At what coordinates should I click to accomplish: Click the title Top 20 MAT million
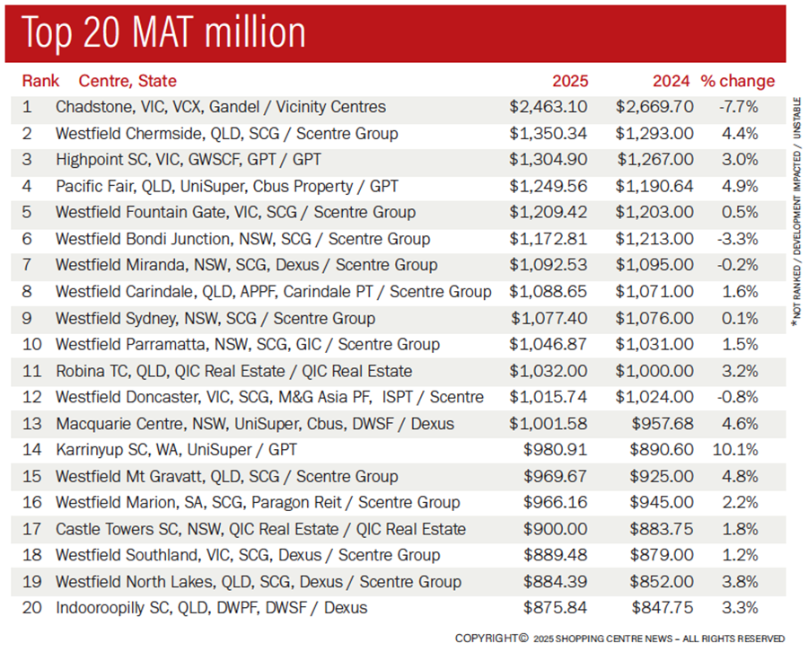[x=164, y=32]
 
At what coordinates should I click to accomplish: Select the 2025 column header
[x=571, y=81]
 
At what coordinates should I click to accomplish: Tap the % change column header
[x=737, y=81]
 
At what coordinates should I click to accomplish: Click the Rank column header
[x=40, y=81]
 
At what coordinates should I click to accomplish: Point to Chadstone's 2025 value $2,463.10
[x=549, y=107]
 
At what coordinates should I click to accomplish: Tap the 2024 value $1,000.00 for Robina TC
[x=654, y=371]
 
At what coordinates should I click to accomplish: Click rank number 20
[x=31, y=608]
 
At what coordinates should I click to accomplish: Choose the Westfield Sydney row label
[x=215, y=318]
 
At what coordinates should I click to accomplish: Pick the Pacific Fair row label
[x=226, y=186]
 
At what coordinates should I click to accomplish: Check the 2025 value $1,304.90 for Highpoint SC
[x=549, y=160]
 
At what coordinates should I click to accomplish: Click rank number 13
[x=31, y=424]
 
